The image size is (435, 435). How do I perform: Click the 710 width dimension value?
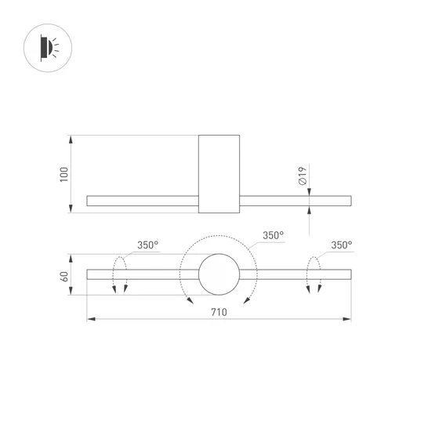pos(218,311)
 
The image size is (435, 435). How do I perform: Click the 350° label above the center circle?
pos(273,235)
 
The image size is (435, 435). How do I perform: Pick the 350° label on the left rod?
pos(148,245)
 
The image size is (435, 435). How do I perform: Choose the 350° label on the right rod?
pos(341,245)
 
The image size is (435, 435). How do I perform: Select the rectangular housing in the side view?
pos(218,173)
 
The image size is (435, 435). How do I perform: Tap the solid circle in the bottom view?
pos(219,275)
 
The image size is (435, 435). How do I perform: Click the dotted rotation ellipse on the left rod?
pos(120,274)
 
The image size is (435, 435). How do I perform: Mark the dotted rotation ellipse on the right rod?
pos(313,274)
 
